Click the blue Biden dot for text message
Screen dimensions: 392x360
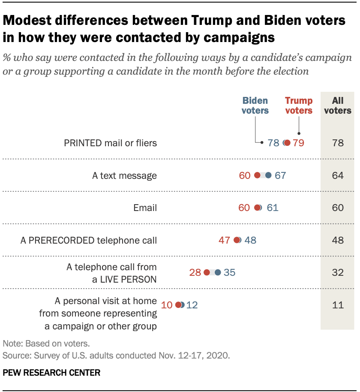click(x=268, y=175)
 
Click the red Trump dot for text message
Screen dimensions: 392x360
click(x=257, y=175)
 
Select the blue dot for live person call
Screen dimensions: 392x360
click(x=218, y=272)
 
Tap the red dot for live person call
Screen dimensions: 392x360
click(x=207, y=272)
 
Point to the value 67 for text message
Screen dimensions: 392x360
click(x=280, y=175)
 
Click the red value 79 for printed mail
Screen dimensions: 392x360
click(x=298, y=143)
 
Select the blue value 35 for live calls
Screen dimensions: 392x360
click(x=230, y=272)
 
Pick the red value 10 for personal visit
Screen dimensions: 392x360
click(x=167, y=305)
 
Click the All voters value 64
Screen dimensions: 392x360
click(x=338, y=175)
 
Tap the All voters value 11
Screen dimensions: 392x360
click(x=338, y=305)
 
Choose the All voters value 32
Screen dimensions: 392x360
click(x=338, y=272)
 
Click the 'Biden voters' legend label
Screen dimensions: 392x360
click(x=255, y=106)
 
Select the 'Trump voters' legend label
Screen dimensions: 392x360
click(x=299, y=106)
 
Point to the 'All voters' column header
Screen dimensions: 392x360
click(x=338, y=106)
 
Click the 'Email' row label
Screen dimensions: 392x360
click(x=145, y=208)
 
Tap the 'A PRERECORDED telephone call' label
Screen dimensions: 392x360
click(x=89, y=240)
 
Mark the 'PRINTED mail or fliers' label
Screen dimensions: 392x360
click(x=110, y=143)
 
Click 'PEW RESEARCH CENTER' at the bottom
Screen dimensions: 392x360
click(x=51, y=373)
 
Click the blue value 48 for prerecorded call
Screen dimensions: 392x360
click(x=250, y=240)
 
